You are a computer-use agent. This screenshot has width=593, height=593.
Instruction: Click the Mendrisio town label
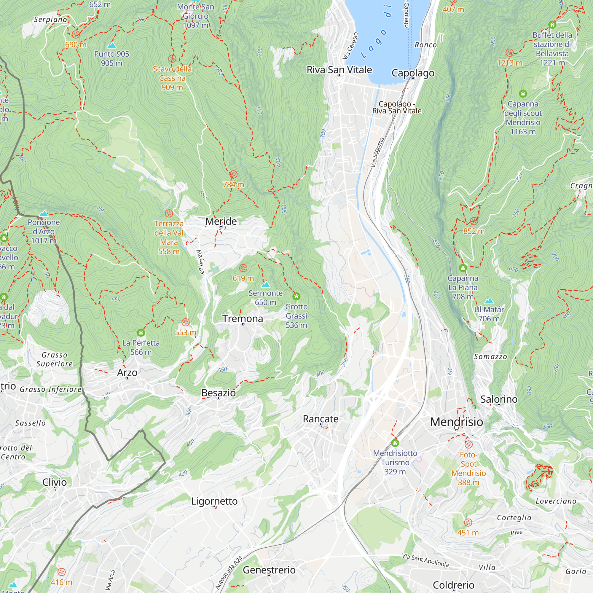pyautogui.click(x=456, y=422)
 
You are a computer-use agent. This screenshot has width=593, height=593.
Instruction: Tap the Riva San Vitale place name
pyautogui.click(x=339, y=70)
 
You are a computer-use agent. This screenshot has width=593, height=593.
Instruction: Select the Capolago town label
pyautogui.click(x=413, y=73)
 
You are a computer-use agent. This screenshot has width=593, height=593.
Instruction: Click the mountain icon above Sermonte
pyautogui.click(x=265, y=284)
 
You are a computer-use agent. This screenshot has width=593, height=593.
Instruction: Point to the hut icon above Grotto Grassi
pyautogui.click(x=296, y=296)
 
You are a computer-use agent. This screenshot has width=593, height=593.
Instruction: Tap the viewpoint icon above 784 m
pyautogui.click(x=233, y=174)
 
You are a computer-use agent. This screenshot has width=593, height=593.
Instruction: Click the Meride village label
pyautogui.click(x=221, y=221)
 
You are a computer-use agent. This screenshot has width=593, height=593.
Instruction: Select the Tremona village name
pyautogui.click(x=243, y=319)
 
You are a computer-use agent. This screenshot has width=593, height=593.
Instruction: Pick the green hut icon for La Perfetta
pyautogui.click(x=141, y=333)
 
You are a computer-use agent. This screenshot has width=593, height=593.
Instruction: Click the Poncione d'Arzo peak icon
pyautogui.click(x=44, y=213)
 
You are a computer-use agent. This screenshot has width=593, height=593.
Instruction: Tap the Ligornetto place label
pyautogui.click(x=214, y=501)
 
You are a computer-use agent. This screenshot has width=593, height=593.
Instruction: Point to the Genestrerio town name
pyautogui.click(x=269, y=570)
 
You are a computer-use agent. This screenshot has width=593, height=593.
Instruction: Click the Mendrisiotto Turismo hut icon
pyautogui.click(x=395, y=443)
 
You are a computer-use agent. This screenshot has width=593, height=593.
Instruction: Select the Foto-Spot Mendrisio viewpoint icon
pyautogui.click(x=468, y=444)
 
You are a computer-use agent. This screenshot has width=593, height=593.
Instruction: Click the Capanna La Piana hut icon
pyautogui.click(x=463, y=268)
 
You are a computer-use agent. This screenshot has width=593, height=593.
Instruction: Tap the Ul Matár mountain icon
pyautogui.click(x=489, y=300)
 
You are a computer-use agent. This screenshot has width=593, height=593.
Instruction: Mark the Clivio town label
pyautogui.click(x=54, y=482)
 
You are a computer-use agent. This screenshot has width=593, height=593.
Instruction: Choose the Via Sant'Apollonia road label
pyautogui.click(x=425, y=560)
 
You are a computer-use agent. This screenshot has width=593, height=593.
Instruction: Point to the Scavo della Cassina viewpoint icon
pyautogui.click(x=172, y=58)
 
